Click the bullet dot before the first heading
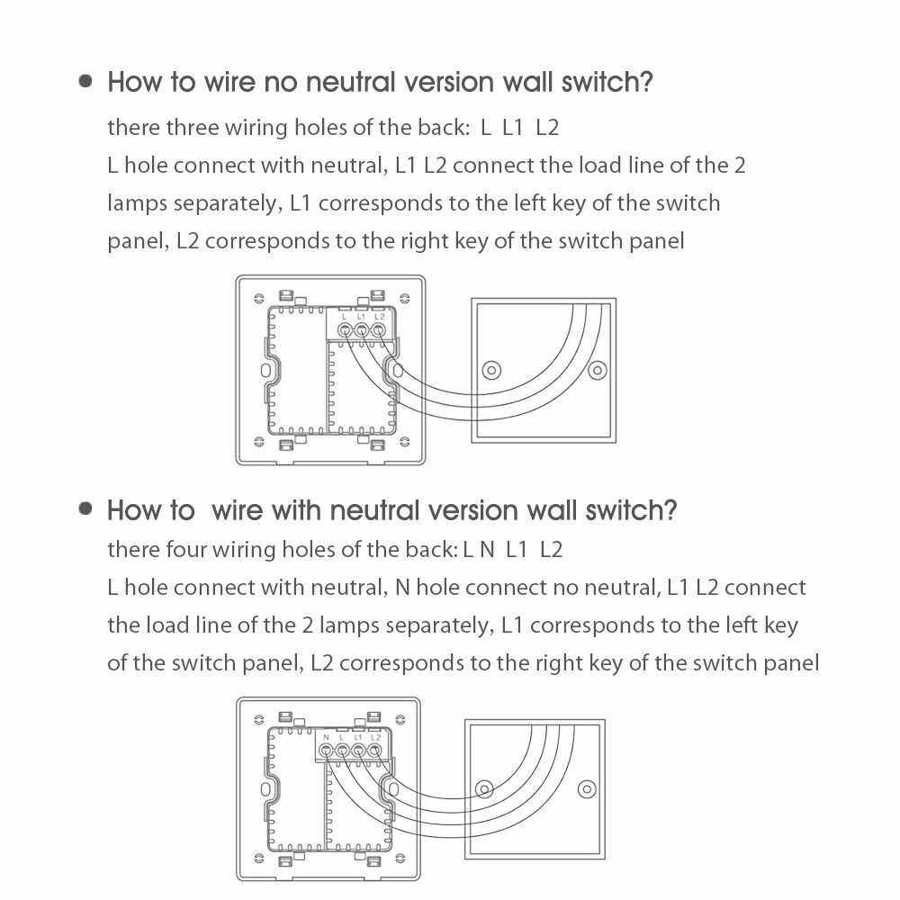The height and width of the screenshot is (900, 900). [x=86, y=81]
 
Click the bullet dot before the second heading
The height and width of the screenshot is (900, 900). [x=86, y=508]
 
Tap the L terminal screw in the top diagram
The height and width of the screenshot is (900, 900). [x=344, y=330]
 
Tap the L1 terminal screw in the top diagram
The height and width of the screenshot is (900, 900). [x=361, y=330]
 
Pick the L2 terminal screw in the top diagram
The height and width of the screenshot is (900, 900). [x=378, y=330]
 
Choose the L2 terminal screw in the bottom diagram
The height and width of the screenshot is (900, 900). [x=375, y=749]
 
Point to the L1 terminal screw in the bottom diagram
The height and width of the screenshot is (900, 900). [x=359, y=749]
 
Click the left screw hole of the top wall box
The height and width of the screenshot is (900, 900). [x=491, y=370]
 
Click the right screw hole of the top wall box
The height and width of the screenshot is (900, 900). [x=595, y=370]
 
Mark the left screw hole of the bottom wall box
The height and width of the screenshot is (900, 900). [x=484, y=789]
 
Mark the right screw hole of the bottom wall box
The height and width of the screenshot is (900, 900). [x=587, y=789]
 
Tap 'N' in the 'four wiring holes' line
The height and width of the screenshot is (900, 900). [x=487, y=549]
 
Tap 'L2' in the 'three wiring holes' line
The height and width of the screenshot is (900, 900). [x=547, y=127]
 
